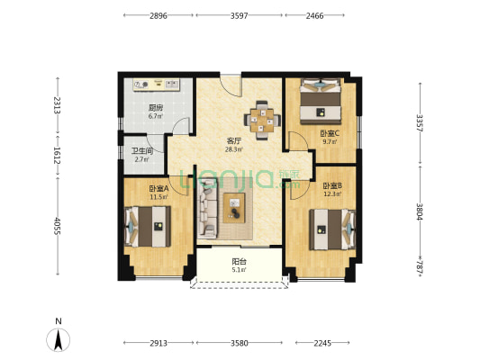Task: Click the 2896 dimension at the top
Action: click(158, 15)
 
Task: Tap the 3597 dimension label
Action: click(239, 15)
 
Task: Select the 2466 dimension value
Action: click(314, 15)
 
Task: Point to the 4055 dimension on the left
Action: click(58, 226)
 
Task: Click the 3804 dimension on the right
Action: click(420, 211)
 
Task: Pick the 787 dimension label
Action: click(420, 268)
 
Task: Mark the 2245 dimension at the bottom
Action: click(322, 343)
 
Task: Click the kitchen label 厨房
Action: click(156, 108)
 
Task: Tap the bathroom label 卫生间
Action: click(142, 151)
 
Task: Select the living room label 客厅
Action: click(234, 141)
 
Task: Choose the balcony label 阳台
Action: click(239, 262)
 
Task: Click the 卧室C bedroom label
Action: click(330, 134)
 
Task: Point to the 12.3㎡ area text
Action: click(332, 193)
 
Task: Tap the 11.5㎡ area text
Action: click(158, 197)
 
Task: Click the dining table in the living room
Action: click(262, 121)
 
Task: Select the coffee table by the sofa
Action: click(234, 208)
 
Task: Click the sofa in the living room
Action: click(207, 209)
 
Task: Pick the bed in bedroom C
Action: click(321, 101)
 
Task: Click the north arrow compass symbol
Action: click(59, 339)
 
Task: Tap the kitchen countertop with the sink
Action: click(157, 85)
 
